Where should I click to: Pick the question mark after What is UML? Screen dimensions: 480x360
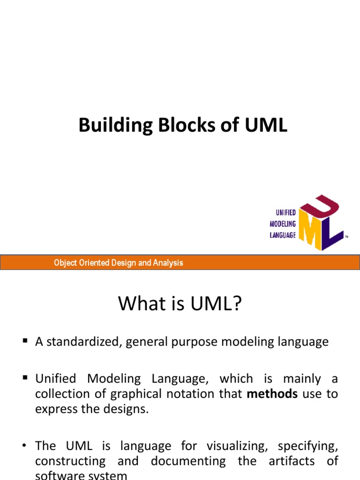tap(237, 304)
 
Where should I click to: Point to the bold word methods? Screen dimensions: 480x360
tap(272, 394)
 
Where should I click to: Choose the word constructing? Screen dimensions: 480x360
tap(70, 461)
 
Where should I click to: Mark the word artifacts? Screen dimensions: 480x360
tap(292, 461)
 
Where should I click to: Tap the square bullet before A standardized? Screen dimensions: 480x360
tap(25, 341)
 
